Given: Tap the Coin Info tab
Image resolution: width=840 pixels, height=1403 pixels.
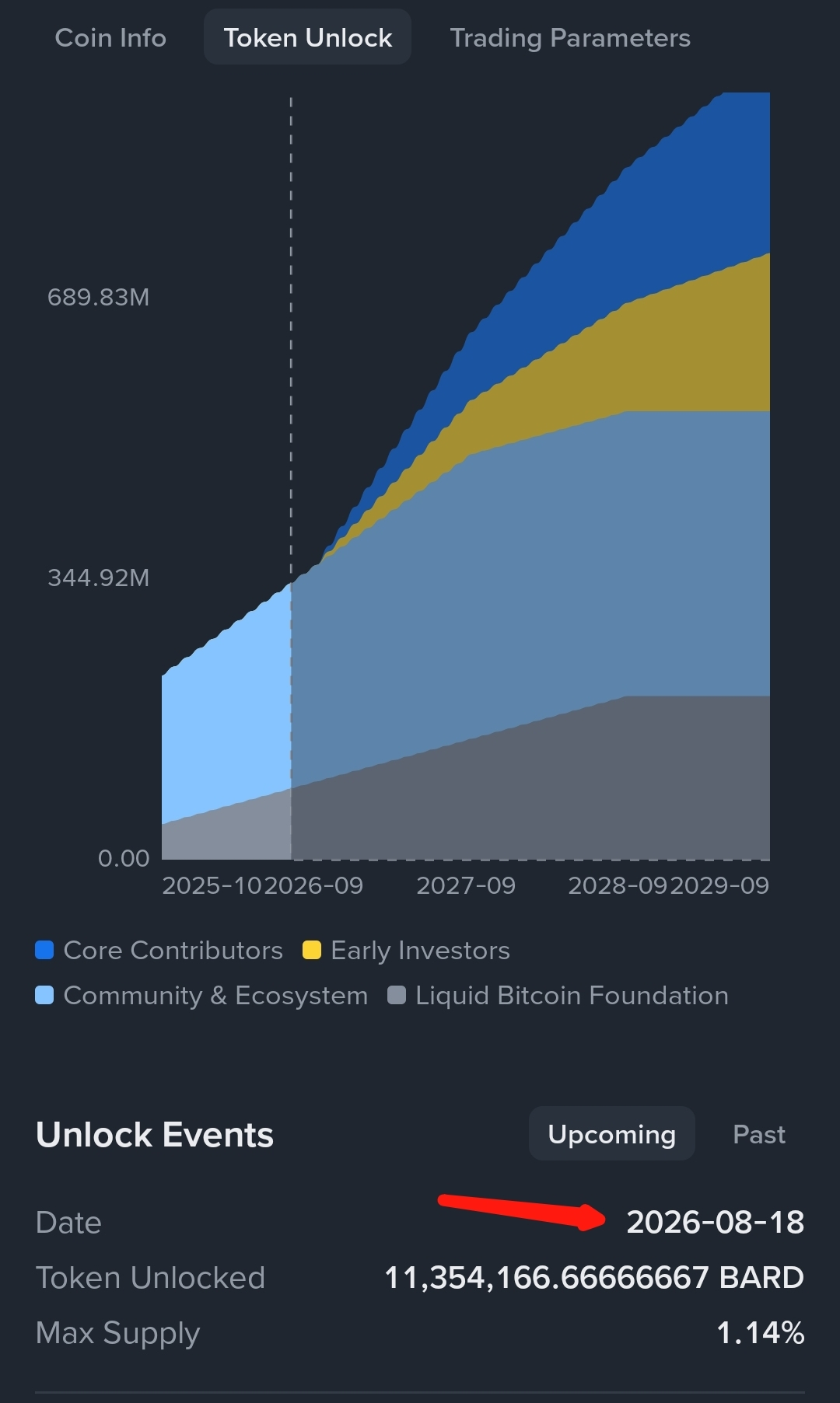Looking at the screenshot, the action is [110, 37].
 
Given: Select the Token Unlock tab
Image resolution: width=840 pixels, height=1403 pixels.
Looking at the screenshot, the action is [308, 37].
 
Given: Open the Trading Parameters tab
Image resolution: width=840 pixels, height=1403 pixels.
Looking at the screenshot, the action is [570, 38].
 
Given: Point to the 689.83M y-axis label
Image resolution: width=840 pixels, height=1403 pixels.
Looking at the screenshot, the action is [98, 297].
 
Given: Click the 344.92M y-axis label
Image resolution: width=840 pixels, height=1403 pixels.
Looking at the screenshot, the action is [98, 578].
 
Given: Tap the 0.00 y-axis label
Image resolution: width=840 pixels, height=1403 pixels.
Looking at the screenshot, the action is [124, 858].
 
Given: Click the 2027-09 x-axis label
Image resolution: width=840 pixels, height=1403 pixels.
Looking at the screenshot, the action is [466, 885].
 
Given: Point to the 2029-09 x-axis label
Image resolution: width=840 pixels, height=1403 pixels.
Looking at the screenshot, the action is [719, 885].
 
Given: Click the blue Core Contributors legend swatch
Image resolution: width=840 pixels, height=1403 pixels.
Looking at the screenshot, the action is [44, 950].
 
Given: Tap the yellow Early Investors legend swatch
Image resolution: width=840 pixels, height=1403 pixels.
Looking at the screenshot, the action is [312, 950].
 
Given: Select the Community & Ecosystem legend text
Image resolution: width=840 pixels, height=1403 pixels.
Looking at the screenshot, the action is [215, 996].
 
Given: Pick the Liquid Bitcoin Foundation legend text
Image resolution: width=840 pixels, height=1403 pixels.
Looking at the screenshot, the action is [572, 996].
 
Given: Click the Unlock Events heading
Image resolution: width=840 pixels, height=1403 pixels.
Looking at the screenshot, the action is [155, 1135].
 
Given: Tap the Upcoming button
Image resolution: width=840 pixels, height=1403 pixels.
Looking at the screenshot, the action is [612, 1134].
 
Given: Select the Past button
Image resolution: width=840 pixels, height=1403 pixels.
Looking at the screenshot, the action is [759, 1135].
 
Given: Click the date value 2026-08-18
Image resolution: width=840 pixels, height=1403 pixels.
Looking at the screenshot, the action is [716, 1222].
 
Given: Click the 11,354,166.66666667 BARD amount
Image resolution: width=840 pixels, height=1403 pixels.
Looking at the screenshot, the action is [594, 1278].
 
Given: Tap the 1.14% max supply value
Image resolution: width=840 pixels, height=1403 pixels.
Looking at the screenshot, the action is [760, 1333].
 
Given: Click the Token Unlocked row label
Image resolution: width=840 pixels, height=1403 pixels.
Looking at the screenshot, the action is [150, 1278].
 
